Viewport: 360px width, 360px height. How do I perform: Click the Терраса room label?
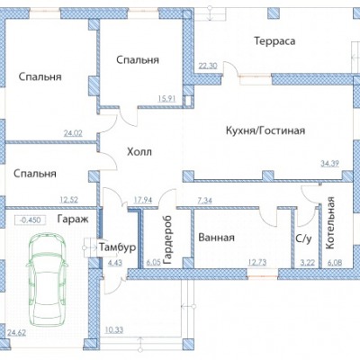point(274,41)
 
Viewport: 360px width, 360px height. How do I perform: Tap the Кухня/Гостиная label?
point(265,130)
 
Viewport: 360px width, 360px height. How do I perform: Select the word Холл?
point(139,152)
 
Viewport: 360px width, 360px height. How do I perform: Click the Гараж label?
point(73,220)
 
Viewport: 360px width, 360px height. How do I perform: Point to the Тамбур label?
point(117,247)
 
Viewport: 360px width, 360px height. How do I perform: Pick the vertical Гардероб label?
point(168,239)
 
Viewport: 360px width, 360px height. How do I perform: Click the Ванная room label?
point(216,238)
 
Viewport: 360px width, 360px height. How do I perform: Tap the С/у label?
point(303,238)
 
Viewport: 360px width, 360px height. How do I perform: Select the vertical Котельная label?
point(329,223)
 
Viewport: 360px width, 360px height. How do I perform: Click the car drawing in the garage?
point(48,280)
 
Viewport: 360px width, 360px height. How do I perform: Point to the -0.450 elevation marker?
point(30,220)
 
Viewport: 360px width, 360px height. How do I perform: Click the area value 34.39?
point(329,164)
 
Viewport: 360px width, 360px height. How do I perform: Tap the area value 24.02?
point(73,133)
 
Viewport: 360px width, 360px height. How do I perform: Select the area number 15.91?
point(166,98)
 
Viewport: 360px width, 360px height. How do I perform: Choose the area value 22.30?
point(207,66)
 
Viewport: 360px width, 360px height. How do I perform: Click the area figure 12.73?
point(257,263)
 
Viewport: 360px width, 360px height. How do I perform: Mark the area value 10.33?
point(114,330)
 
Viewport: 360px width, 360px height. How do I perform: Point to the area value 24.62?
point(16,333)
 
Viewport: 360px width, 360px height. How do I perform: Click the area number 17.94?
point(142,200)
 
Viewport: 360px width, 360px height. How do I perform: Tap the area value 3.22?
point(308,263)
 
